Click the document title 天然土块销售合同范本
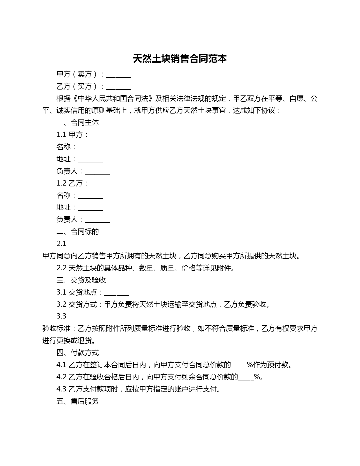[180, 59]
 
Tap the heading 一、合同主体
[78, 123]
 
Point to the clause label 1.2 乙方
[72, 183]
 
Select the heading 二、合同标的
[78, 232]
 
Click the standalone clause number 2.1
[61, 244]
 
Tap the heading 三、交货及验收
[81, 280]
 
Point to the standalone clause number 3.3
[61, 316]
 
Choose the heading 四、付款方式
[78, 353]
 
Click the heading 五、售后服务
[78, 401]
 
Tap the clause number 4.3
[61, 389]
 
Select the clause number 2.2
[61, 268]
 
